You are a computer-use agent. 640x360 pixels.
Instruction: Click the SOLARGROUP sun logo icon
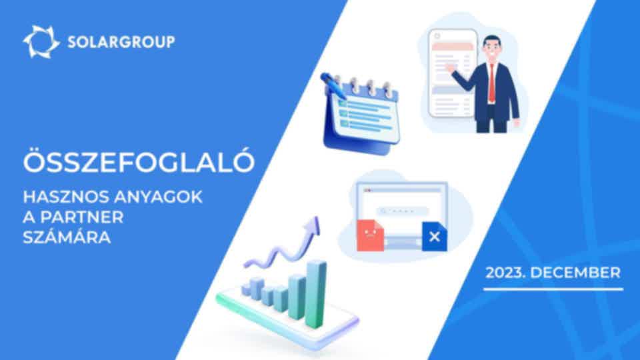click(x=41, y=41)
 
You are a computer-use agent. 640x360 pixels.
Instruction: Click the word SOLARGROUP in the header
click(x=121, y=41)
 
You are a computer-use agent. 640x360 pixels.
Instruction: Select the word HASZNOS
click(x=65, y=197)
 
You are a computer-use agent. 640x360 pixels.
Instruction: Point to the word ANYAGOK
click(x=158, y=197)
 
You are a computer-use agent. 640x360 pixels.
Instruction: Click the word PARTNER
click(x=81, y=217)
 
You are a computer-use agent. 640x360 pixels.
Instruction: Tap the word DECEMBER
click(x=575, y=273)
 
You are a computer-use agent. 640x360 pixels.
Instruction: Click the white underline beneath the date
click(x=553, y=289)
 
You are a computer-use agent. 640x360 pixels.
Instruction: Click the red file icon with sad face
click(x=370, y=235)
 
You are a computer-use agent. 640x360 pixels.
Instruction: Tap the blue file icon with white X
click(x=434, y=236)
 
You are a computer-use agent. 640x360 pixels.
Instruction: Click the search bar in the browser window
click(x=403, y=211)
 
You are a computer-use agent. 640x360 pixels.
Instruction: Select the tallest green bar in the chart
click(x=316, y=294)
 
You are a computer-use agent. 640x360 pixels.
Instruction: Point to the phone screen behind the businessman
click(x=452, y=73)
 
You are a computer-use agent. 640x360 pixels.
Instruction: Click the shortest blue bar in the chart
click(x=268, y=297)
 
